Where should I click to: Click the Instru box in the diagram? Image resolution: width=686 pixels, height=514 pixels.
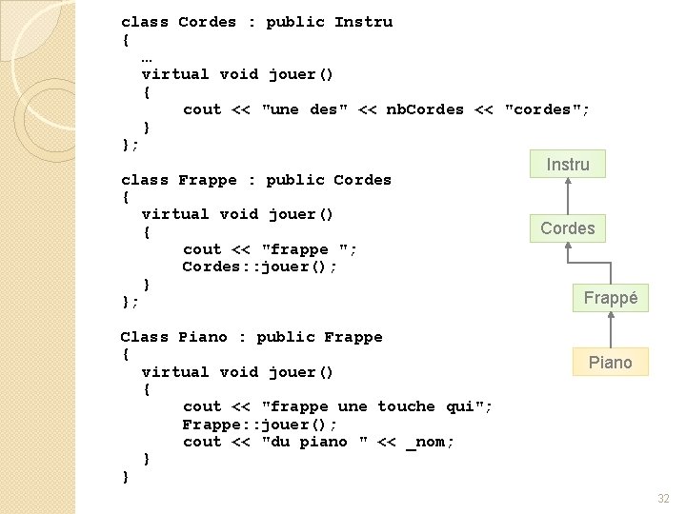click(x=568, y=165)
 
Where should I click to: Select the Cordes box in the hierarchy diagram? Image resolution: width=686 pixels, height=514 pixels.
click(x=567, y=228)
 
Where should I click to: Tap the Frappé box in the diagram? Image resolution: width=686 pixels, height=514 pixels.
click(x=611, y=298)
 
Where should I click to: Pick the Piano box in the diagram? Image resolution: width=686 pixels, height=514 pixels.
click(x=610, y=362)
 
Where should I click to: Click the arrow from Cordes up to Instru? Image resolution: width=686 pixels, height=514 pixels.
click(x=567, y=195)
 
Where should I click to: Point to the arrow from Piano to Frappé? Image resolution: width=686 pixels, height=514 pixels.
click(x=611, y=329)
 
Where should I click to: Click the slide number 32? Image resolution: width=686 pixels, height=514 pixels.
click(x=663, y=498)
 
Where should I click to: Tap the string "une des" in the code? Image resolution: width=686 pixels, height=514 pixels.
click(x=299, y=109)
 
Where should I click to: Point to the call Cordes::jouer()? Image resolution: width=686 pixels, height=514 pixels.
click(x=260, y=267)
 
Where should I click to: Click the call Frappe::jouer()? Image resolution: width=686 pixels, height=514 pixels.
click(x=260, y=425)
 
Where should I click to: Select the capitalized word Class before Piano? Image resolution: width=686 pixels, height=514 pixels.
click(x=144, y=337)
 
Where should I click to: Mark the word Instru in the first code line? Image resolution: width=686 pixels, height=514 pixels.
click(x=363, y=22)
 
